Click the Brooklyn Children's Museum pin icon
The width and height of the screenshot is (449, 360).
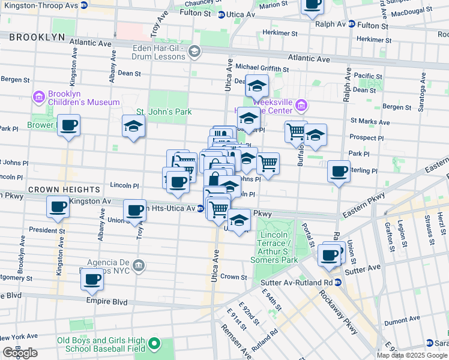tap(40, 96)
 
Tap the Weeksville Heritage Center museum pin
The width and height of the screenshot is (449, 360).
tap(301, 106)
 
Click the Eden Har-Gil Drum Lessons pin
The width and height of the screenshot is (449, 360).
tap(194, 52)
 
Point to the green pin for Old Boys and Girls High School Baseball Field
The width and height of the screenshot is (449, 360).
tap(154, 344)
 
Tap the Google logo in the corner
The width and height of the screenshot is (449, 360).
tap(20, 353)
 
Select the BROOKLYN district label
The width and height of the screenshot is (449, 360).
tap(37, 37)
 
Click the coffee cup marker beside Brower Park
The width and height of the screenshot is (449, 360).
tap(68, 126)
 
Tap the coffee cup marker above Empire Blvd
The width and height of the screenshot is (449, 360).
tap(92, 279)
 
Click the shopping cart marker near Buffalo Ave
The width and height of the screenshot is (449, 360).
tap(296, 131)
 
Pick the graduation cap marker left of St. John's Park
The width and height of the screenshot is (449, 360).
tap(133, 126)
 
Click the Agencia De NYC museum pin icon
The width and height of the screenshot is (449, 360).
tap(138, 265)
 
